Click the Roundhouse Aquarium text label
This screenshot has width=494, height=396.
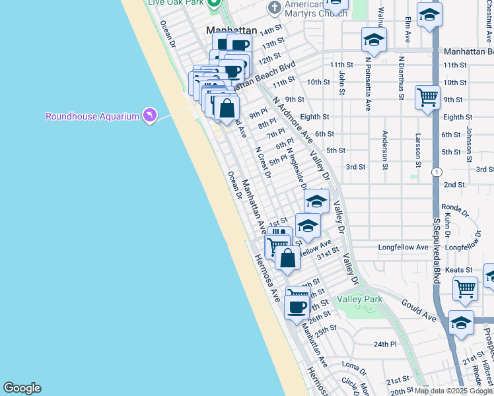tap(92, 117)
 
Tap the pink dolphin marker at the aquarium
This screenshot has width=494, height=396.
tap(151, 116)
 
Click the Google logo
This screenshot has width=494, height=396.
tap(22, 388)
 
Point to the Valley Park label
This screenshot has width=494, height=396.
tap(360, 299)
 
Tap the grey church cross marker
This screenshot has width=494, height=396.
tap(274, 8)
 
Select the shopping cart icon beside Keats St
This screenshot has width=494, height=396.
tap(466, 288)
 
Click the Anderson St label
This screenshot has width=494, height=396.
tap(384, 149)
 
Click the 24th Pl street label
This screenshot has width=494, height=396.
tap(384, 344)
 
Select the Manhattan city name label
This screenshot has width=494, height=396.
tap(231, 30)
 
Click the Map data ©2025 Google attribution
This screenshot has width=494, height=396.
tap(453, 391)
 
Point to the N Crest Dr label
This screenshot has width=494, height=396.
tap(264, 162)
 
